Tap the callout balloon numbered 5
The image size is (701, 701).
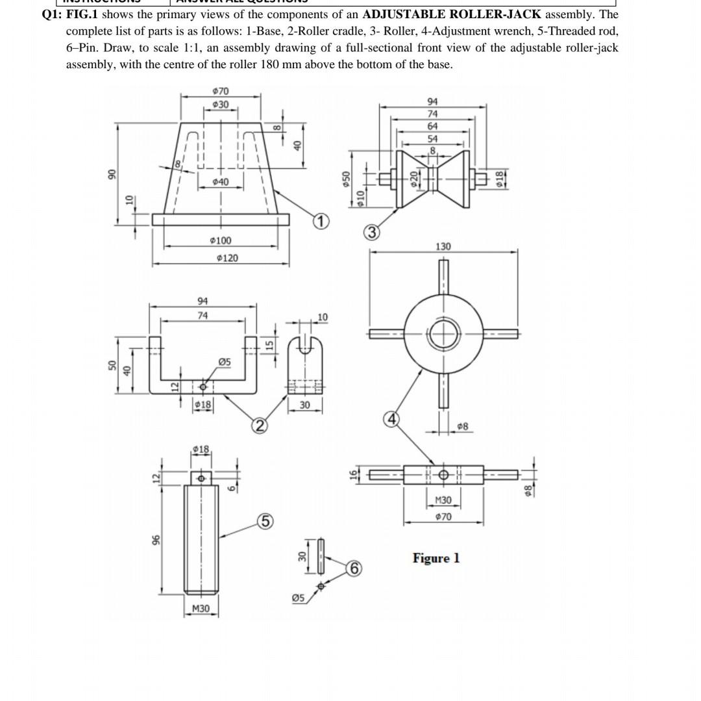(265, 522)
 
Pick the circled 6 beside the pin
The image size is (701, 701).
(354, 568)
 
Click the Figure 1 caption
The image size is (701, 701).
(436, 558)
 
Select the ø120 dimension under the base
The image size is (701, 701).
(227, 258)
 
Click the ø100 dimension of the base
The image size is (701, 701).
(221, 240)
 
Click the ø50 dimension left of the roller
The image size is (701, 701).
(347, 177)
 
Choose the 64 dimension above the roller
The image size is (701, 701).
(432, 126)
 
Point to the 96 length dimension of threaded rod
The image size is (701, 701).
(155, 541)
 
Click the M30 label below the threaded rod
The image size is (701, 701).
(201, 609)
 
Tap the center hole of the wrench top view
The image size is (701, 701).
(443, 334)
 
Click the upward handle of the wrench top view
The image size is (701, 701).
(443, 279)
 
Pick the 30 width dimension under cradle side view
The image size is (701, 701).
(304, 405)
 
